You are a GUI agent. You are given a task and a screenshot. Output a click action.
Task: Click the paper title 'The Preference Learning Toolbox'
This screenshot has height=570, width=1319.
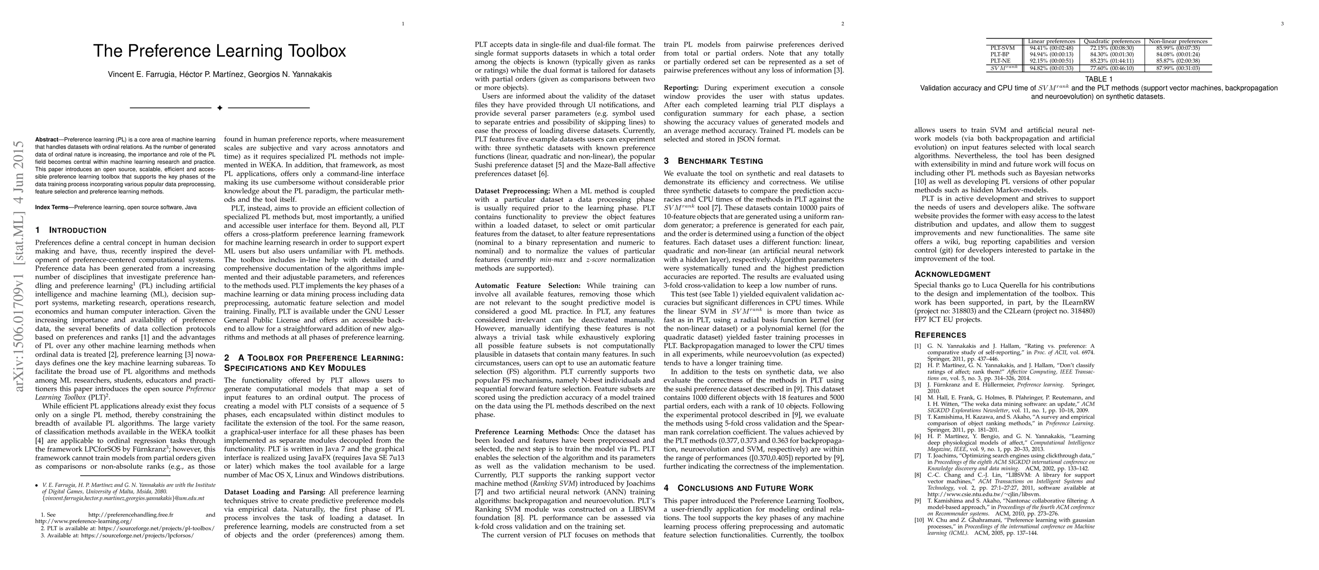pyautogui.click(x=219, y=51)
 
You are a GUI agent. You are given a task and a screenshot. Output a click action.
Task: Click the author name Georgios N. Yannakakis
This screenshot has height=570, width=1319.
pyautogui.click(x=290, y=74)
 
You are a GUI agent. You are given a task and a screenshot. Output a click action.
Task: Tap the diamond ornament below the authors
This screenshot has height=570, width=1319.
pyautogui.click(x=220, y=108)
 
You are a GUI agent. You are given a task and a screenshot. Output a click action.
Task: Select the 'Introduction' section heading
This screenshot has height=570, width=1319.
pyautogui.click(x=71, y=230)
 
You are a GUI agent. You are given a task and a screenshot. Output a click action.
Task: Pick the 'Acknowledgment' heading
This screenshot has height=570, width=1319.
pyautogui.click(x=952, y=274)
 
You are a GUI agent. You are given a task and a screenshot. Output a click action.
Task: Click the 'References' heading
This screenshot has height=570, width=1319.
pyautogui.click(x=940, y=335)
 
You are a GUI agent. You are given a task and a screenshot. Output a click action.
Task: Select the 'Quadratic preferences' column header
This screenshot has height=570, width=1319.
pyautogui.click(x=1112, y=41)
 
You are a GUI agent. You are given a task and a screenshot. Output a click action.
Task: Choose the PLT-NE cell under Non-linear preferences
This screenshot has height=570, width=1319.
pyautogui.click(x=1178, y=60)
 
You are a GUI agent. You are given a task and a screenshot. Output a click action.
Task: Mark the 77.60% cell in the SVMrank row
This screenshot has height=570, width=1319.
pyautogui.click(x=1112, y=67)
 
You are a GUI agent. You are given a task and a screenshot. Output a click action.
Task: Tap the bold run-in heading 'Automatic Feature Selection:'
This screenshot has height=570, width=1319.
pyautogui.click(x=527, y=285)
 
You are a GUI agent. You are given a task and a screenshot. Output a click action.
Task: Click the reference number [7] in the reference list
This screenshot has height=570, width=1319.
pyautogui.click(x=918, y=455)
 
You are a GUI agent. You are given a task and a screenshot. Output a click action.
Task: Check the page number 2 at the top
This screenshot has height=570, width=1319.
pyautogui.click(x=842, y=24)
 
